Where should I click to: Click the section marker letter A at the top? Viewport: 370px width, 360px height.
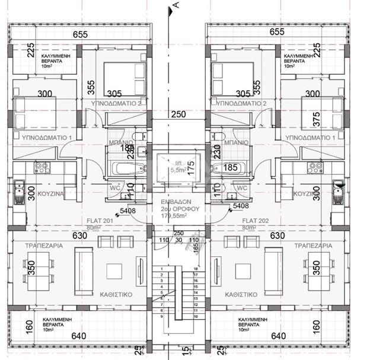click(x=176, y=6)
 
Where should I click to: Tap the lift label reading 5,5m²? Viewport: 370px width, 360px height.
click(x=177, y=170)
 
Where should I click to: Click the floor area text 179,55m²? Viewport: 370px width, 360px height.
click(x=177, y=216)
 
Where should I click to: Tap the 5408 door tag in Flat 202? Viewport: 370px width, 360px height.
click(x=241, y=205)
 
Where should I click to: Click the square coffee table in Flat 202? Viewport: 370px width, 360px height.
click(x=243, y=271)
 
